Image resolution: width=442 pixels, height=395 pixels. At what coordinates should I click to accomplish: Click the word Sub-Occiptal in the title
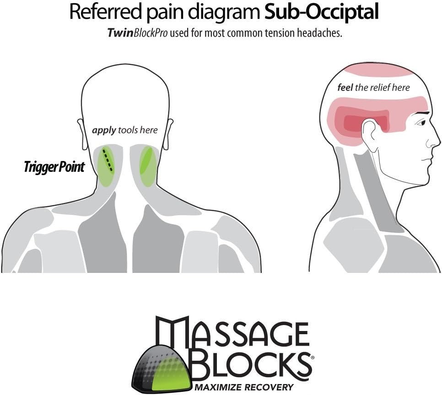(x=322, y=12)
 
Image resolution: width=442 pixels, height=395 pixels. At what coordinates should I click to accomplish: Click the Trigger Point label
(x=54, y=167)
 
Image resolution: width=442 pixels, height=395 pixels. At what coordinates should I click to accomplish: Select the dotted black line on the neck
(x=108, y=160)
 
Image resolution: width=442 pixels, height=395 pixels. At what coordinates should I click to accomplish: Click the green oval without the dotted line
(x=147, y=166)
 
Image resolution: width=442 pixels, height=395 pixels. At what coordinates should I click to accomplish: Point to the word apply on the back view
(x=104, y=130)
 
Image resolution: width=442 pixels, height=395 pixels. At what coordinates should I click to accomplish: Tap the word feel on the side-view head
(x=345, y=87)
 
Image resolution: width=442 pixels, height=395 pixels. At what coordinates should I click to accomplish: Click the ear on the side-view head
(x=369, y=133)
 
